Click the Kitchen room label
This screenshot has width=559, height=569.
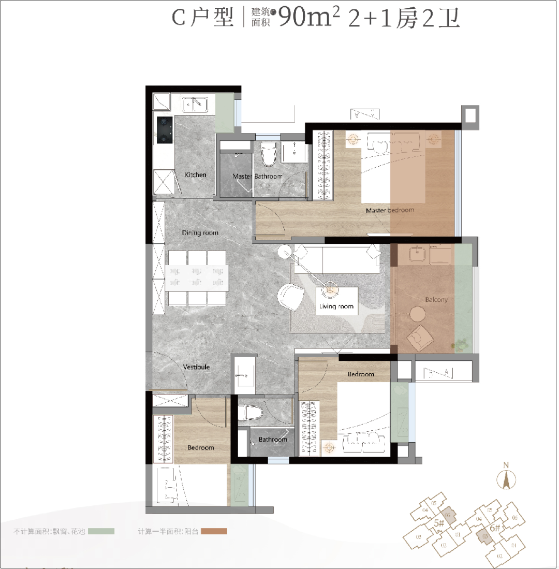196,175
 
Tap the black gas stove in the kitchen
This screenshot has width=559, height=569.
165,130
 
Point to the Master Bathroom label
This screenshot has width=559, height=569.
257,177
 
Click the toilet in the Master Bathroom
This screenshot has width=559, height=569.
268,154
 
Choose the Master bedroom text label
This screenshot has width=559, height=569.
390,211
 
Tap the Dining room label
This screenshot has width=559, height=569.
200,233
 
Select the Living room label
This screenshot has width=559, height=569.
336,307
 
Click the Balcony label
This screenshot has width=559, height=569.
436,300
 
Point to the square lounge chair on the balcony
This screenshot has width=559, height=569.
420,337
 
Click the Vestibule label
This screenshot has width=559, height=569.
196,367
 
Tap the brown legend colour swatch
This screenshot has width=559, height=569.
214,531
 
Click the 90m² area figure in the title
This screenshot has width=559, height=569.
308,19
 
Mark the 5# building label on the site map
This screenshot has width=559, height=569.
439,523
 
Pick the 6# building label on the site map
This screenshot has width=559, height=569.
495,529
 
